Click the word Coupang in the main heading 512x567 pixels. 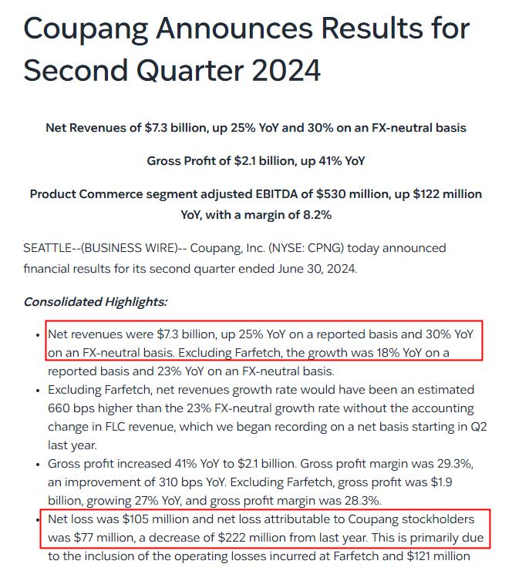tap(85, 30)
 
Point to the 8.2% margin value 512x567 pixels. tap(315, 215)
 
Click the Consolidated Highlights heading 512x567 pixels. tap(95, 301)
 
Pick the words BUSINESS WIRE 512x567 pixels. tap(127, 249)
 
